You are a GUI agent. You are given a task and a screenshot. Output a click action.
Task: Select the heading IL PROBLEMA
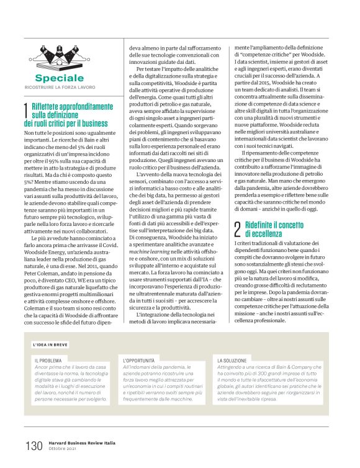click(x=47, y=360)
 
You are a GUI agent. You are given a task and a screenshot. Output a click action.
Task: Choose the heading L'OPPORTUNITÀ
click(x=142, y=360)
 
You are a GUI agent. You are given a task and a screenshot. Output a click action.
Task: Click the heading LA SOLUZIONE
click(x=233, y=360)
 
